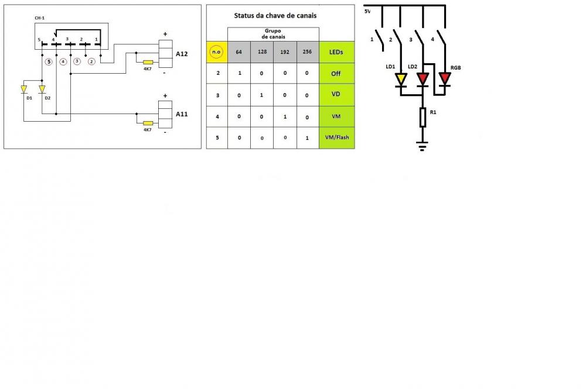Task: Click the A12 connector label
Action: click(x=182, y=54)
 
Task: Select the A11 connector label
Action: click(x=182, y=114)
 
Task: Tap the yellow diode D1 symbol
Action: click(x=24, y=89)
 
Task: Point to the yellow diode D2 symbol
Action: click(x=42, y=89)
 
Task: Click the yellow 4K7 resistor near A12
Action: click(x=148, y=62)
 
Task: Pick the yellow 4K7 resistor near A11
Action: click(x=148, y=123)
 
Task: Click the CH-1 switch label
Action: click(x=40, y=19)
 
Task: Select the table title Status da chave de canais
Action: click(x=275, y=15)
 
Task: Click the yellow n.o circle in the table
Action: click(x=217, y=52)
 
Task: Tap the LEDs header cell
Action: click(x=336, y=52)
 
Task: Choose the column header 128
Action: click(x=262, y=52)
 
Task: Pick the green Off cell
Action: click(x=336, y=74)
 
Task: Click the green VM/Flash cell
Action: click(x=336, y=138)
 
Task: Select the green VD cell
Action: click(x=336, y=95)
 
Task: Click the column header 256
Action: click(x=308, y=52)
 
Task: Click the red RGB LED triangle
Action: click(x=445, y=78)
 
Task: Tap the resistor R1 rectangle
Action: click(x=423, y=117)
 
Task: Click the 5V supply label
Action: click(x=367, y=11)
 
